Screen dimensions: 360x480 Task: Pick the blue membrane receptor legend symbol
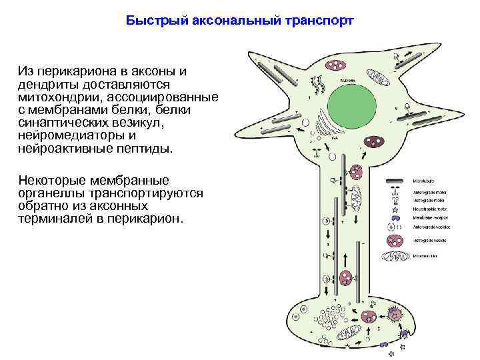coord(395,217)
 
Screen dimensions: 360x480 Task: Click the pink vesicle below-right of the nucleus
coord(375,143)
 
